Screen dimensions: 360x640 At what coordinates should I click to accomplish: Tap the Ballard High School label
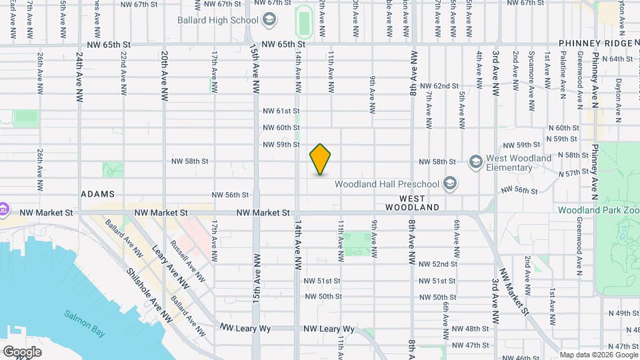click(217, 20)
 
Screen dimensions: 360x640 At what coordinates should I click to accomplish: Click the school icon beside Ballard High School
click(269, 20)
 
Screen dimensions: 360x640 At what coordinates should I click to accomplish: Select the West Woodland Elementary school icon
click(475, 162)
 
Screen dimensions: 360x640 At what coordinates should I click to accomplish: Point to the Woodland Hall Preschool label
click(386, 184)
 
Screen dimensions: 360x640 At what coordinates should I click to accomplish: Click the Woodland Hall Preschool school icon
click(450, 183)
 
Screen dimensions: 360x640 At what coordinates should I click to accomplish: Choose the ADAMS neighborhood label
click(97, 194)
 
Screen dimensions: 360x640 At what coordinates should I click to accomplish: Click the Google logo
click(22, 351)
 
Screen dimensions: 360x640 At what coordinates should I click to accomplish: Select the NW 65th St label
click(283, 44)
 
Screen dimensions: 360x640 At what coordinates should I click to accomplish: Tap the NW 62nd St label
click(439, 86)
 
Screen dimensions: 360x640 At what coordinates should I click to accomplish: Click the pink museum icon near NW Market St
click(3, 209)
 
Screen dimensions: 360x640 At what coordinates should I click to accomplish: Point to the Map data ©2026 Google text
click(599, 355)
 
